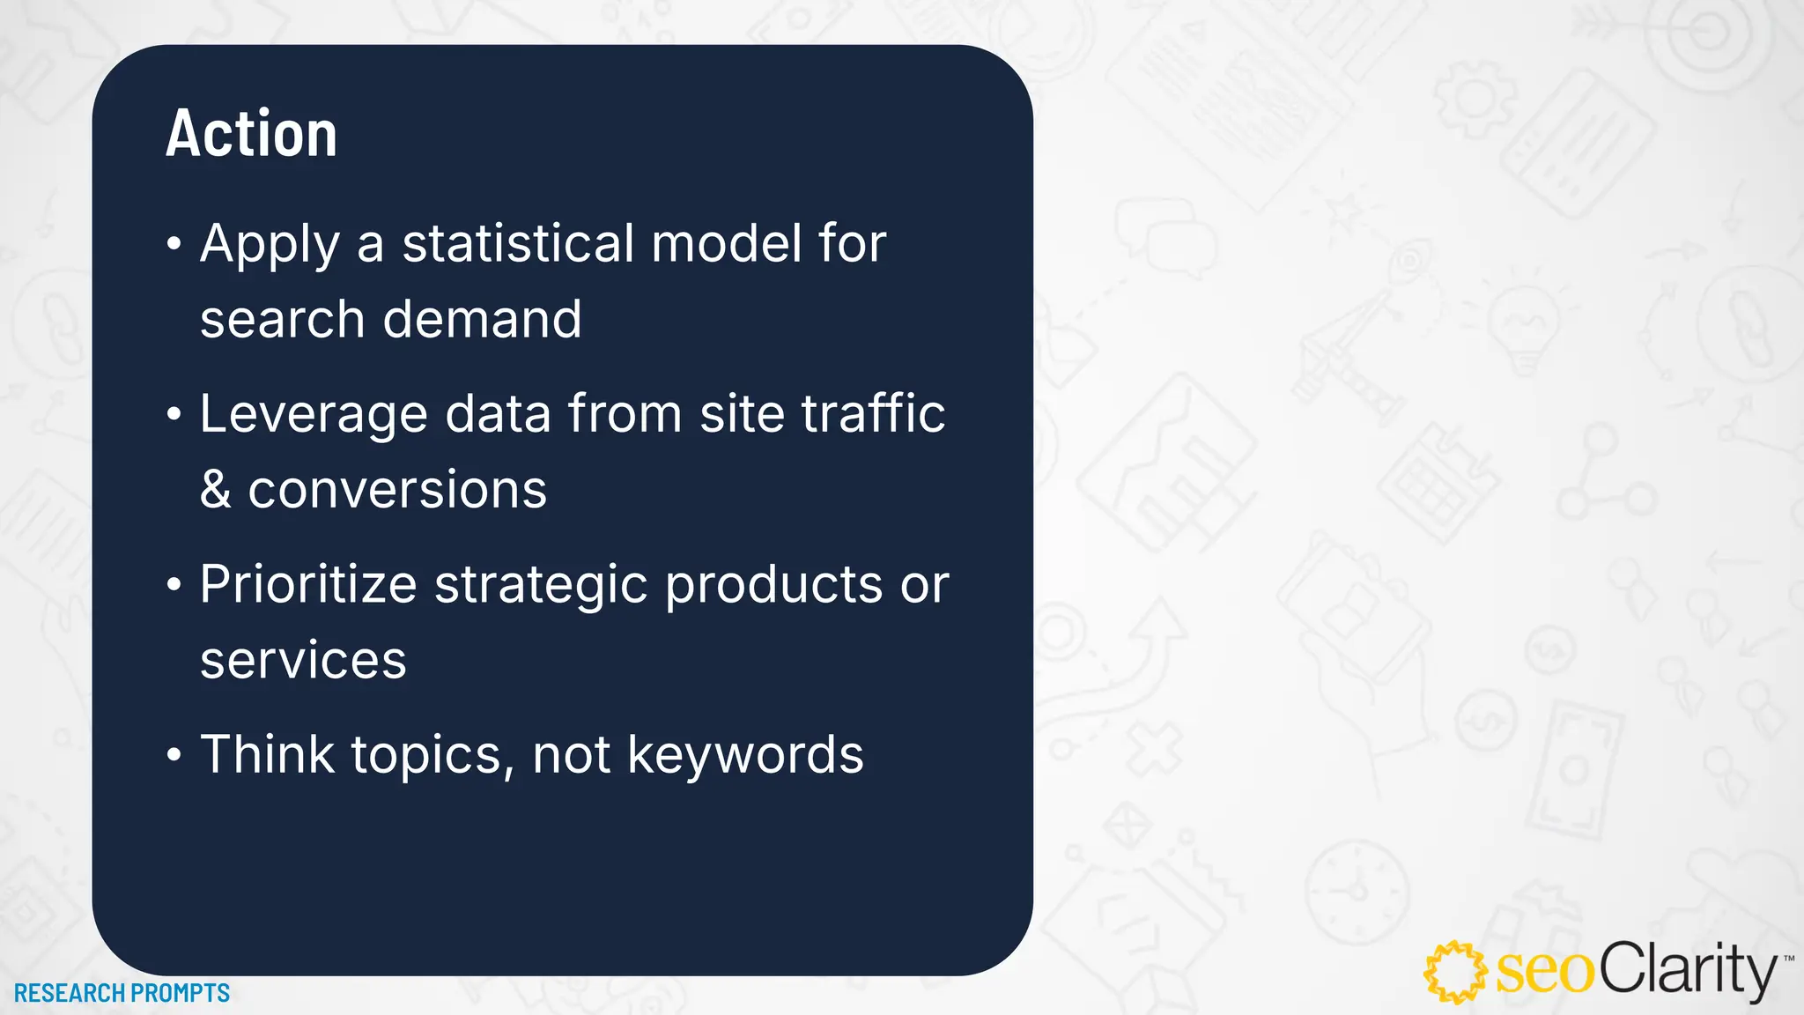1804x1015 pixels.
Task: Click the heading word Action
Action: tap(251, 134)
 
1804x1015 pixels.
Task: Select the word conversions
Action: tap(397, 490)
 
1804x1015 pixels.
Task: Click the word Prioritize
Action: tap(308, 584)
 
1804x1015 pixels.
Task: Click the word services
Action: tap(303, 661)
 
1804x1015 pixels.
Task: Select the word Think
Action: tap(268, 755)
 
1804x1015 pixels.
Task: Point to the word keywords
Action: tap(745, 756)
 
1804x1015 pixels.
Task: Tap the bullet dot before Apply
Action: tap(174, 244)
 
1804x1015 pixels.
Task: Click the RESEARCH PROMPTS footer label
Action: tap(122, 993)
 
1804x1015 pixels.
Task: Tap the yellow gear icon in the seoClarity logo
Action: tap(1455, 972)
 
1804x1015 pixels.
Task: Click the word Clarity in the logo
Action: tap(1687, 970)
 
